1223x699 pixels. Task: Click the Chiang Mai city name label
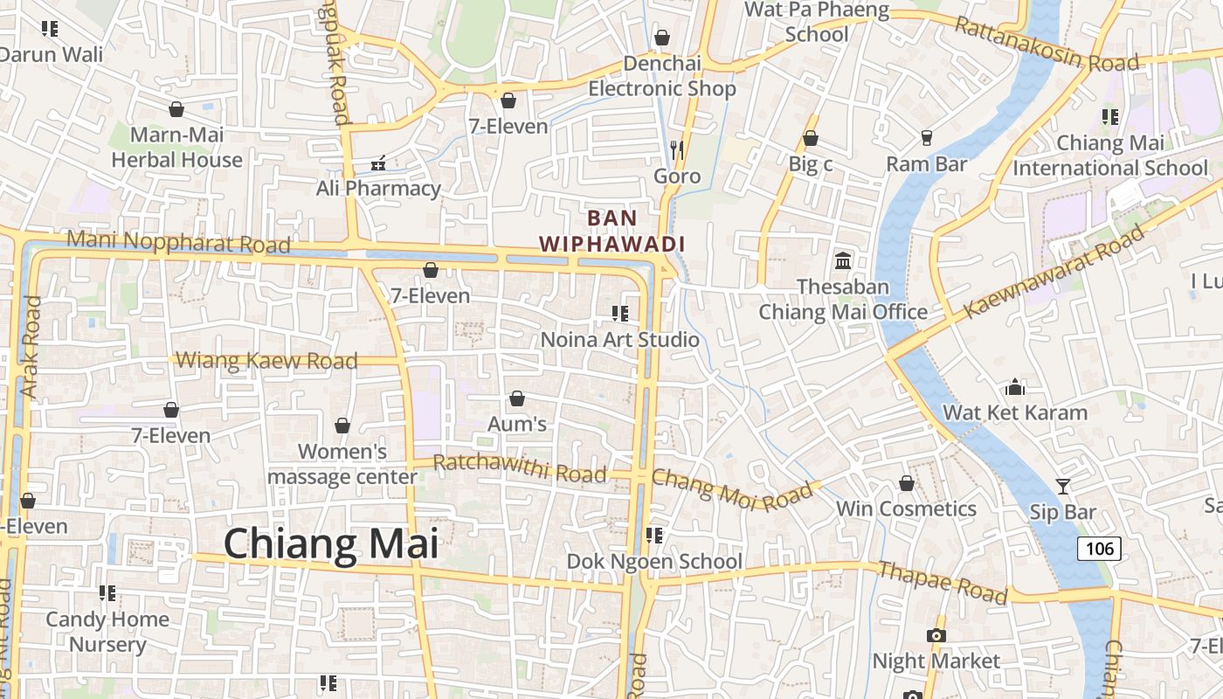(331, 543)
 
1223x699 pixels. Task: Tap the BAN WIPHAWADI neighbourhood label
(611, 231)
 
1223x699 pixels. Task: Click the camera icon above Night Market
(936, 635)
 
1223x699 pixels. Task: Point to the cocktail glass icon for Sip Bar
(1062, 487)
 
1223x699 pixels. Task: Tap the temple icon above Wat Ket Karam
(1015, 386)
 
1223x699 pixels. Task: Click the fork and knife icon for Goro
(676, 149)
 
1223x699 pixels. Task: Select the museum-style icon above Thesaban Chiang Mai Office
(843, 260)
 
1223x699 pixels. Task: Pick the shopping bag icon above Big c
(811, 138)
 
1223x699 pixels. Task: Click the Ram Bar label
(926, 164)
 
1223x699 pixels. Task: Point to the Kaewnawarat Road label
(1054, 272)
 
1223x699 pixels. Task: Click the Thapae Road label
(943, 583)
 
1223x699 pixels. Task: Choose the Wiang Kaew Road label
(267, 360)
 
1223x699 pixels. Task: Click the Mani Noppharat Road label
(178, 242)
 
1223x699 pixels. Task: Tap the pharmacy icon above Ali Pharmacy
(379, 163)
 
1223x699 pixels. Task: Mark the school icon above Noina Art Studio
(620, 313)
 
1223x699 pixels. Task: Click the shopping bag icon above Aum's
(517, 398)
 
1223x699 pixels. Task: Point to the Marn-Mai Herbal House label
(177, 148)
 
